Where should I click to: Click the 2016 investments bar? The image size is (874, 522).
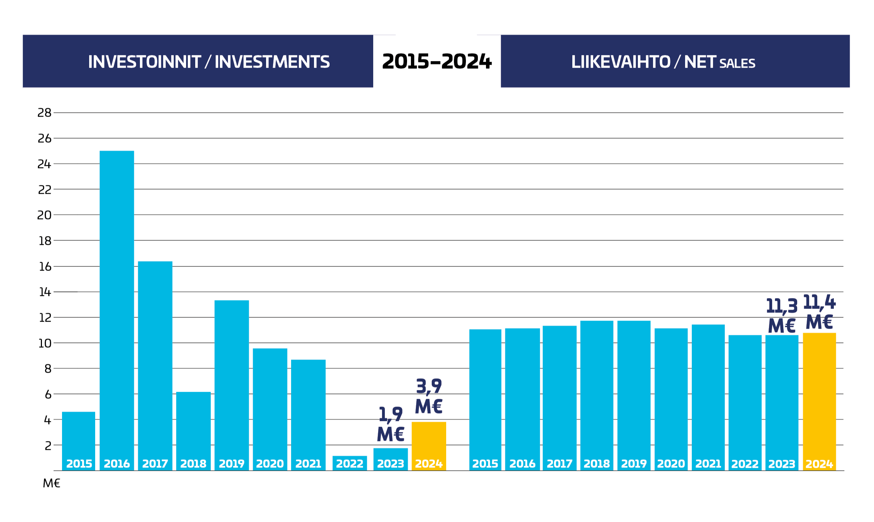pos(117,310)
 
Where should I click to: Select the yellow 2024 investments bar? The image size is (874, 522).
pos(429,446)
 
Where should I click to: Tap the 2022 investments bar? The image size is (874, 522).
pos(350,463)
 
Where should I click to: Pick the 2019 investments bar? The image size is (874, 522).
pos(232,385)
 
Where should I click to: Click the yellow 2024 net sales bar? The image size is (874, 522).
pos(819,401)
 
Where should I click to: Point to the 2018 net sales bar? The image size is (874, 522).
pos(597,395)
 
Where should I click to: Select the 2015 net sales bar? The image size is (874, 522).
pos(485,399)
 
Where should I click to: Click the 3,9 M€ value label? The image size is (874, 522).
pos(429,396)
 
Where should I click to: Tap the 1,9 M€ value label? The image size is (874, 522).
pos(390,424)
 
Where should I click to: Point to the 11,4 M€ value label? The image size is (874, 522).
pos(819,312)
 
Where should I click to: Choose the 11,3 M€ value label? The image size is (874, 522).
pos(782,316)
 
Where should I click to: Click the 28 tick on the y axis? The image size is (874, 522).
pos(44,113)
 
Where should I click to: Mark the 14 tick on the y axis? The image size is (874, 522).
pos(45,292)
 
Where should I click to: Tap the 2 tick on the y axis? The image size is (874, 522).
pos(48,446)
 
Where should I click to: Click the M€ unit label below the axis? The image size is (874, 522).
pos(51,483)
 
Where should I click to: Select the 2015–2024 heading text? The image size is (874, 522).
pos(437,62)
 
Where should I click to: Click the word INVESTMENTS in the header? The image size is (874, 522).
pos(272,62)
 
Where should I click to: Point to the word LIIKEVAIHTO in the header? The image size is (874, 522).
pos(621,62)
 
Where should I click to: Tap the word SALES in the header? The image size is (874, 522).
pos(737,63)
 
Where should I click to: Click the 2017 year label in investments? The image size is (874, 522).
pos(155,464)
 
